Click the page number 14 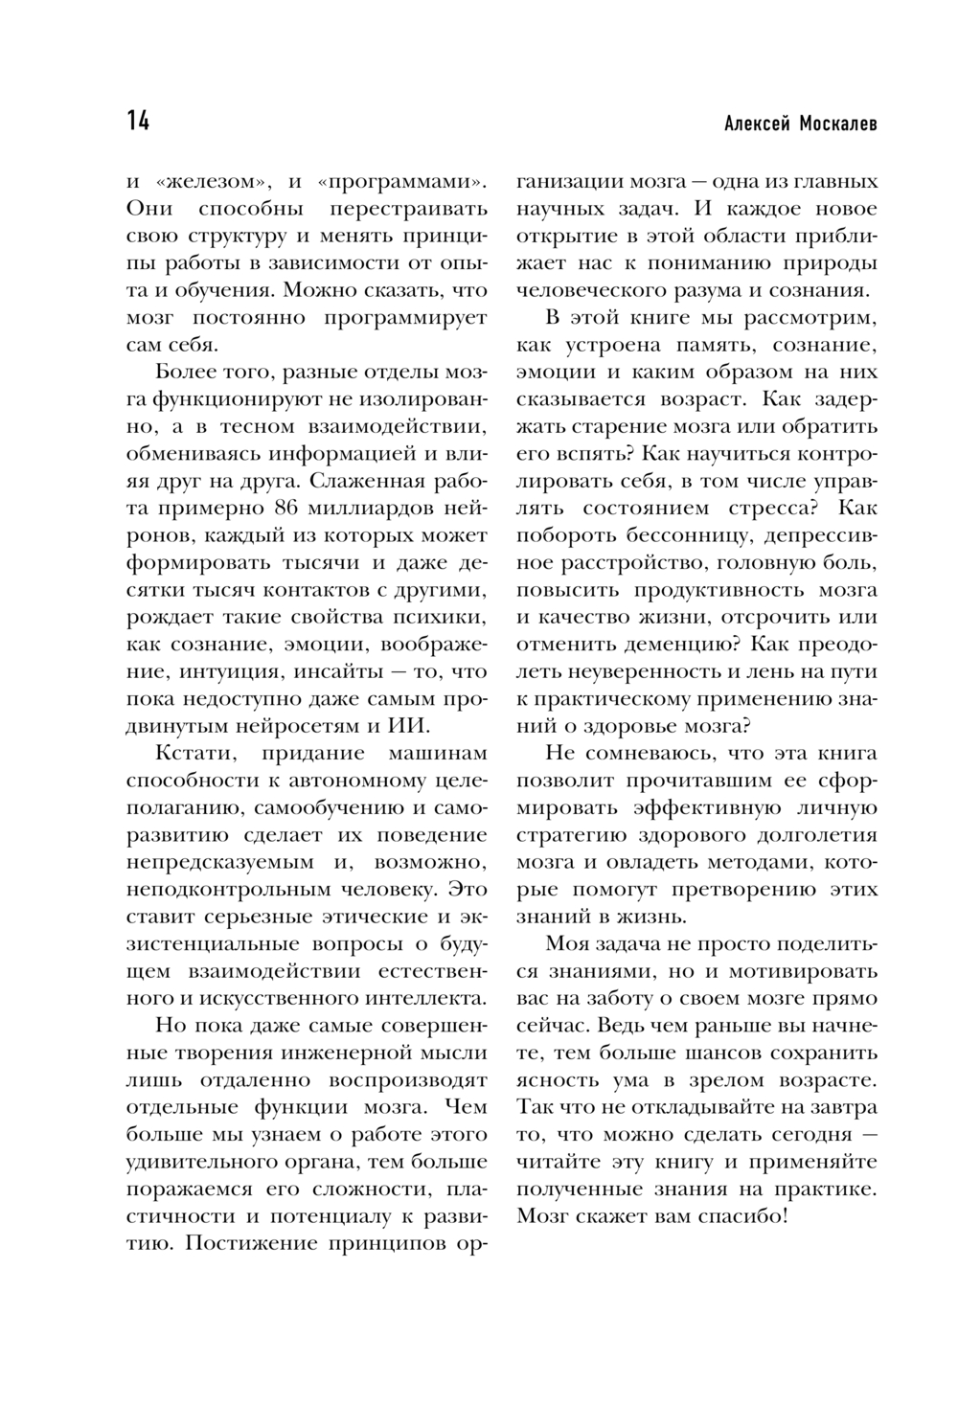(x=137, y=123)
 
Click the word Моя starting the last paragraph (x=566, y=943)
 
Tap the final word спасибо (x=735, y=1216)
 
